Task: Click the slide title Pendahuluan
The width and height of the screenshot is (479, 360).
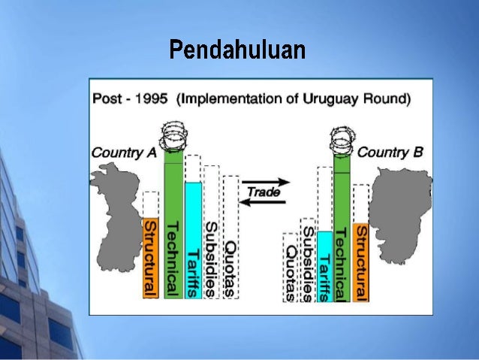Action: [x=236, y=50]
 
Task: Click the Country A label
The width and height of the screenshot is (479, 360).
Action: [x=124, y=153]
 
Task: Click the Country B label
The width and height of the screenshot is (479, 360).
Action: [x=390, y=152]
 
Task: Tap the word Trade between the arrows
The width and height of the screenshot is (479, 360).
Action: [x=264, y=192]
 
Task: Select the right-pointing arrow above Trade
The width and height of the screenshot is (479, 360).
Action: [x=266, y=182]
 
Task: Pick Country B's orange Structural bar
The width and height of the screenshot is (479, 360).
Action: [x=360, y=262]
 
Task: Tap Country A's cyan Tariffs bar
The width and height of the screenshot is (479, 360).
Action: [x=193, y=241]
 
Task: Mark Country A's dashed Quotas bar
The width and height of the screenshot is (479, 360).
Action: [x=231, y=241]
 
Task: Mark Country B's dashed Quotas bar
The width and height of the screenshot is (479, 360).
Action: [x=290, y=267]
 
